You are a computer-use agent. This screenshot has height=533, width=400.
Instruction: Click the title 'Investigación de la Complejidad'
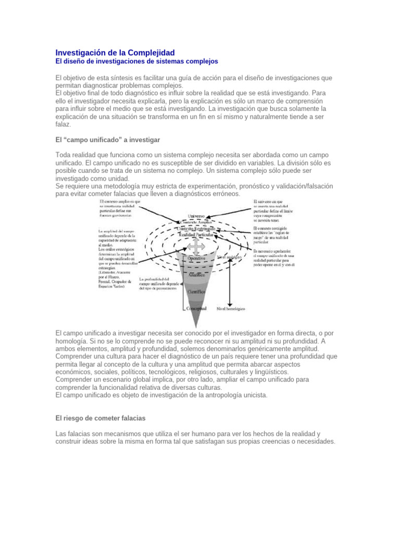(x=115, y=53)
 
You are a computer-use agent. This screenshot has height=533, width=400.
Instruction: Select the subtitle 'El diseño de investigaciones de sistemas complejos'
(x=136, y=61)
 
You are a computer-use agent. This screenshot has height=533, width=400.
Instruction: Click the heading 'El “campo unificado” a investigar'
(x=107, y=140)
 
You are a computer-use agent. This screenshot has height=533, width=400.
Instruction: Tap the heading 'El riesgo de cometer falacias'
(x=101, y=417)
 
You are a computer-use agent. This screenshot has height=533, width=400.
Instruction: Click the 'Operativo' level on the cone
(x=196, y=258)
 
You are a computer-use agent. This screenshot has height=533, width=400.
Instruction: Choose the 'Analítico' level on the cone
(x=196, y=274)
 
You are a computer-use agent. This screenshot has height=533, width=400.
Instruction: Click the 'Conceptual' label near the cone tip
(x=197, y=308)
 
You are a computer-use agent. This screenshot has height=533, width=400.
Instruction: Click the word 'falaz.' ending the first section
(x=64, y=124)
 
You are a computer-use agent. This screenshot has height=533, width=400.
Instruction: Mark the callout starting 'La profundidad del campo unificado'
(x=162, y=283)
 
